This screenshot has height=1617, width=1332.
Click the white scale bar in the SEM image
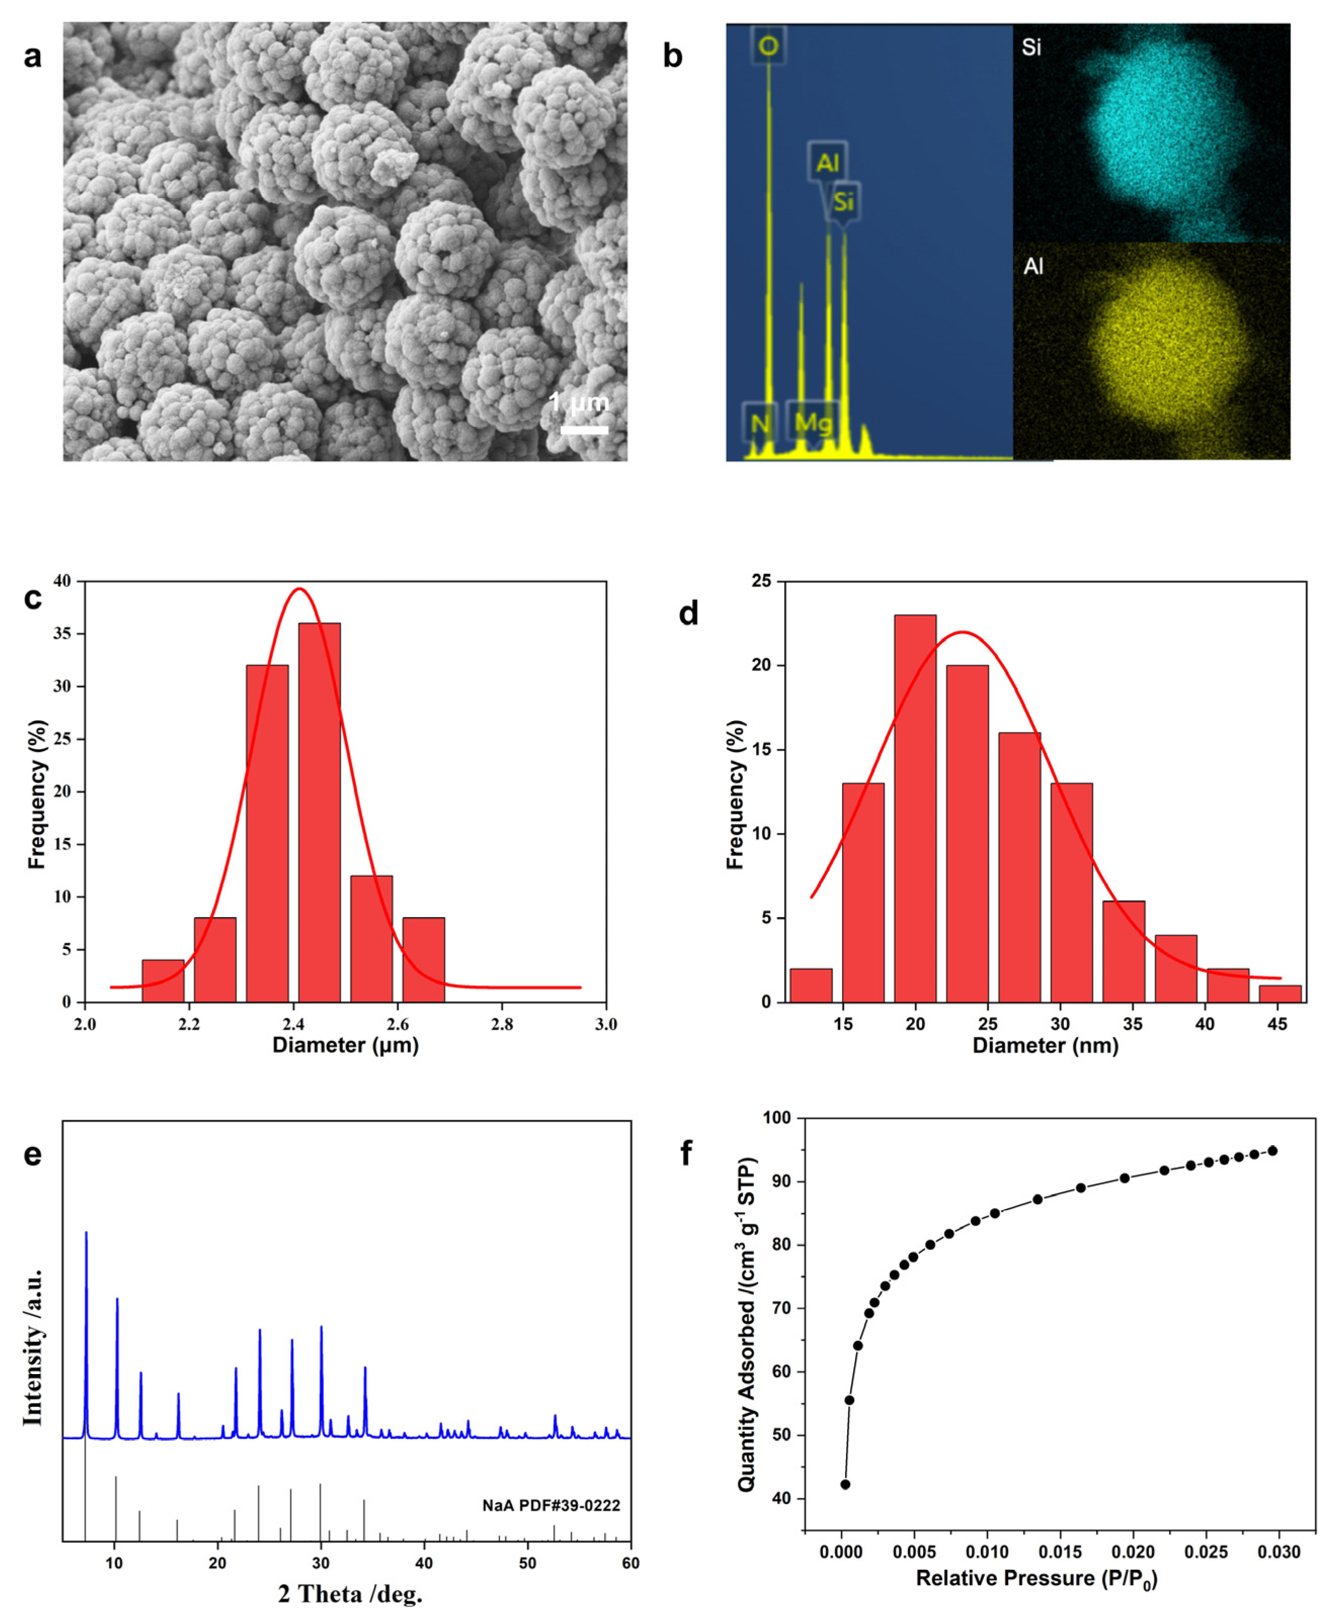pos(584,430)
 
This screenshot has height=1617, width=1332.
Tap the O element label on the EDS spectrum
pos(768,47)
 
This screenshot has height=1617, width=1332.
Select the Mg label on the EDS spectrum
pos(813,422)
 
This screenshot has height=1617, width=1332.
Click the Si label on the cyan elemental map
pos(1031,48)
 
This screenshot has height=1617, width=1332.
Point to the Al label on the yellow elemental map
pos(1033,266)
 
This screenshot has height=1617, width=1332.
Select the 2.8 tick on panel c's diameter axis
pos(502,1024)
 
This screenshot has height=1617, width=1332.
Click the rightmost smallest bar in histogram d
pos(1280,993)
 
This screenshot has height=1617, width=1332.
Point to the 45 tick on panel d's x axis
pos(1277,1024)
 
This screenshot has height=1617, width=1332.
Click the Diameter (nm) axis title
pos(1045,1045)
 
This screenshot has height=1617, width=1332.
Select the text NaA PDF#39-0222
pos(551,1506)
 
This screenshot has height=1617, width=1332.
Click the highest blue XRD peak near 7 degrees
pos(86,1234)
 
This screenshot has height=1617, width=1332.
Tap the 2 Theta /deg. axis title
pos(350,1594)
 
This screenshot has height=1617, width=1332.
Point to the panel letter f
pos(687,1153)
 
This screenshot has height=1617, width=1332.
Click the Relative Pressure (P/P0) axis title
pos(1036,1579)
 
